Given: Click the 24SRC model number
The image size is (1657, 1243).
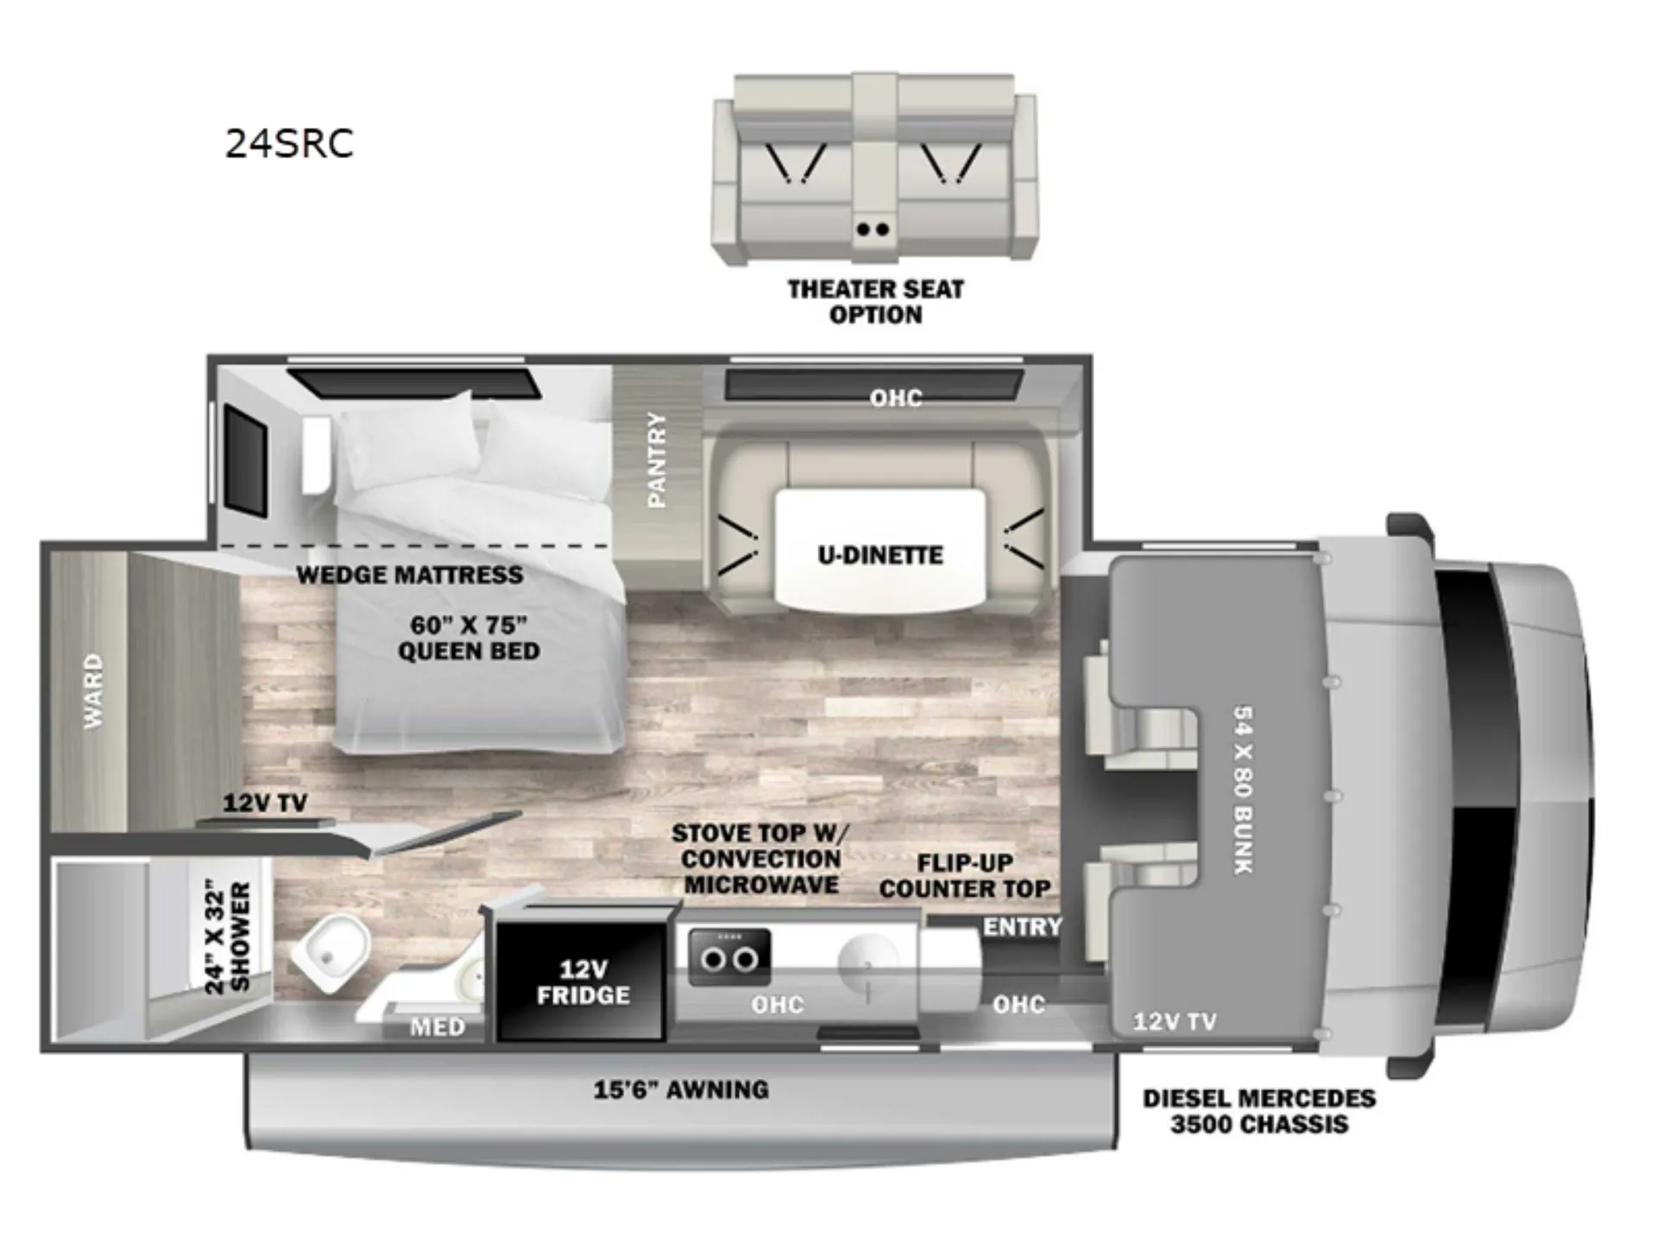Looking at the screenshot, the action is pyautogui.click(x=289, y=143).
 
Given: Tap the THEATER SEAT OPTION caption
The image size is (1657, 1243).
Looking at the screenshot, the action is pyautogui.click(x=875, y=302).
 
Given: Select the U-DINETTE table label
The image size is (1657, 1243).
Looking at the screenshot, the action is pyautogui.click(x=880, y=554).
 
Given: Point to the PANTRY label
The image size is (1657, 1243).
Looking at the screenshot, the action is pyautogui.click(x=657, y=459).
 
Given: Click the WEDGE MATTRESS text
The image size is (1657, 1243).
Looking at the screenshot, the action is pyautogui.click(x=410, y=575).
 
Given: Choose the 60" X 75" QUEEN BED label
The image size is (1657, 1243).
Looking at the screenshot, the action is pyautogui.click(x=469, y=638).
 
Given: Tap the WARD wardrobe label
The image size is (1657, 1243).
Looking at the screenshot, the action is pyautogui.click(x=93, y=691).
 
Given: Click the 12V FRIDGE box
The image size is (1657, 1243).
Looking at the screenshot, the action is pyautogui.click(x=583, y=981).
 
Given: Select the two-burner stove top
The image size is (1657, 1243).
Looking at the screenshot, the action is pyautogui.click(x=729, y=957).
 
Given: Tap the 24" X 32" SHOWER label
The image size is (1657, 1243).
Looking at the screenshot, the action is pyautogui.click(x=229, y=937).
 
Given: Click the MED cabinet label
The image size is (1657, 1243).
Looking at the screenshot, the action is pyautogui.click(x=438, y=1027).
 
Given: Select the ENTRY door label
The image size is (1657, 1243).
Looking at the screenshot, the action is pyautogui.click(x=1023, y=927).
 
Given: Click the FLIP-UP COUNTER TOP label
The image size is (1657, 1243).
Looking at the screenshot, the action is pyautogui.click(x=965, y=875).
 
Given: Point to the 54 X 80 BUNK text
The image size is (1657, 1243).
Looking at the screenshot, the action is pyautogui.click(x=1244, y=789).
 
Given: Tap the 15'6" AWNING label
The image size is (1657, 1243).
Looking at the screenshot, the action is pyautogui.click(x=681, y=1089).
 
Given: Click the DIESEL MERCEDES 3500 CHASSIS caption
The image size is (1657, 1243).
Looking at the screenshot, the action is pyautogui.click(x=1259, y=1111).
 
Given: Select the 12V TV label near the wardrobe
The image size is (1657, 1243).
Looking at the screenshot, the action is pyautogui.click(x=265, y=803).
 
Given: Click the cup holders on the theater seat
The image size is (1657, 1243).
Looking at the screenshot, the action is pyautogui.click(x=873, y=230).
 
